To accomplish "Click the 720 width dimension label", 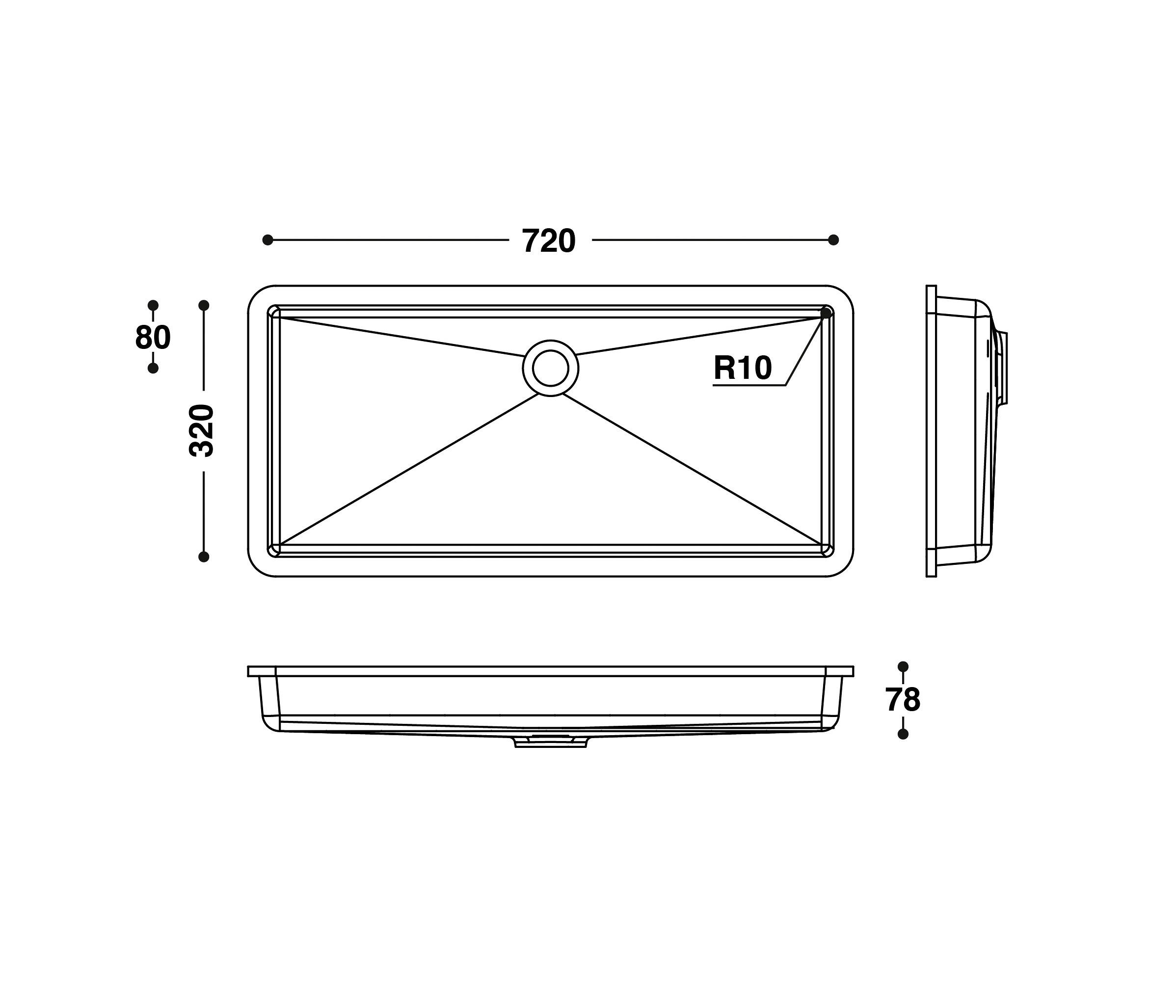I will [x=549, y=241].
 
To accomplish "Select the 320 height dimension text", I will [x=201, y=431].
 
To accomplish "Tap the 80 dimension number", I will [x=153, y=337].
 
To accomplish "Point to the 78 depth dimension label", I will [x=903, y=700].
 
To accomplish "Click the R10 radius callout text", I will [x=743, y=368].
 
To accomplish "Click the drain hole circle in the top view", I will [x=550, y=368].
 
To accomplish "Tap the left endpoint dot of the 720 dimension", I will [x=268, y=240].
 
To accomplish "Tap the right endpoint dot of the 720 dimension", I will [x=833, y=240].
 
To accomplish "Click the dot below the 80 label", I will [x=153, y=368].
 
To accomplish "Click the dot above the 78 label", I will [x=903, y=666].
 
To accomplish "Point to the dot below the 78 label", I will [x=903, y=734].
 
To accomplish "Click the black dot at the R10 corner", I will [x=826, y=313].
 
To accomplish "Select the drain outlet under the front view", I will [x=550, y=742].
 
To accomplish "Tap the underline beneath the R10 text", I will [x=748, y=385].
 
